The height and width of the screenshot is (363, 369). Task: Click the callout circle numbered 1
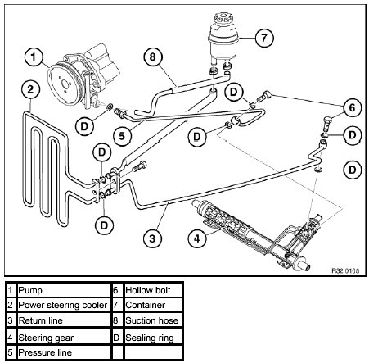34,57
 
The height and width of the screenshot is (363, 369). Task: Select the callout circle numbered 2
30,89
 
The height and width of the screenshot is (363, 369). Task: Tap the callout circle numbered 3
152,238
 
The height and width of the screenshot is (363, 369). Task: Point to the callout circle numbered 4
197,238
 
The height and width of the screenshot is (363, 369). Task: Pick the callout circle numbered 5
122,136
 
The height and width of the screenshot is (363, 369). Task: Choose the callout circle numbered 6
352,107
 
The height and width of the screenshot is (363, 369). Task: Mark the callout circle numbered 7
264,38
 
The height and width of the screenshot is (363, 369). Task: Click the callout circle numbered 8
153,57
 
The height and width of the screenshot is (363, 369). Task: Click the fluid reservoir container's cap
223,19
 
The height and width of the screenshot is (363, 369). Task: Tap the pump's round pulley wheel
65,84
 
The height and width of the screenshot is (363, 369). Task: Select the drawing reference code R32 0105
345,270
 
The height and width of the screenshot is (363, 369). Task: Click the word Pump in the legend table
30,290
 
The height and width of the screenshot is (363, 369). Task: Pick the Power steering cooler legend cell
63,305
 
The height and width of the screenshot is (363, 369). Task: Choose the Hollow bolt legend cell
153,290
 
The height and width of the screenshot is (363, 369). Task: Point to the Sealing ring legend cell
153,338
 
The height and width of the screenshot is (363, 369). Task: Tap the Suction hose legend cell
153,320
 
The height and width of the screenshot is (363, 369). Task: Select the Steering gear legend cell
63,338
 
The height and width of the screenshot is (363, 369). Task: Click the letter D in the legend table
116,338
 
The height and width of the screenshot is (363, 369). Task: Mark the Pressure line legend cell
63,352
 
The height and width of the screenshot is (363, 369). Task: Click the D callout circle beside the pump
84,126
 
